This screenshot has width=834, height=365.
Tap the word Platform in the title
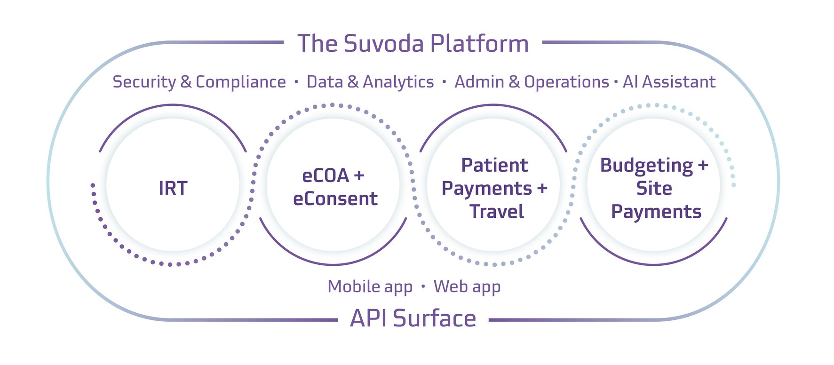click(479, 44)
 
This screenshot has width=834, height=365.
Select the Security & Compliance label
click(199, 82)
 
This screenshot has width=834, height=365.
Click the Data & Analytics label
click(370, 82)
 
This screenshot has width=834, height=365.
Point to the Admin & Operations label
click(532, 82)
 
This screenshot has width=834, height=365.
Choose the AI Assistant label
click(669, 82)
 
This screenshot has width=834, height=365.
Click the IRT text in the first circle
click(173, 189)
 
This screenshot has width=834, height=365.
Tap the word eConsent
click(335, 199)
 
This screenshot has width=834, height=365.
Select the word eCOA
click(326, 176)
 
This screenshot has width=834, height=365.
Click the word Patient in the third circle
click(494, 166)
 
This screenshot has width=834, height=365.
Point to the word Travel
click(496, 212)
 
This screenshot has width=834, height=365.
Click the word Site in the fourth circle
click(654, 189)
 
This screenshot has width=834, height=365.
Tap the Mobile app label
click(370, 286)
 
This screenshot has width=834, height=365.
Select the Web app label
click(467, 286)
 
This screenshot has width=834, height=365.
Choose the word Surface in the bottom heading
click(435, 318)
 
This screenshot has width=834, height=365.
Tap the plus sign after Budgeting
click(703, 166)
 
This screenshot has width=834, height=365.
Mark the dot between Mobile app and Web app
click(423, 286)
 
